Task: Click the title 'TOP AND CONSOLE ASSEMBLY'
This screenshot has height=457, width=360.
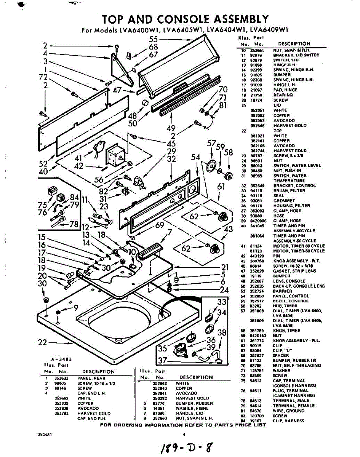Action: (x=185, y=19)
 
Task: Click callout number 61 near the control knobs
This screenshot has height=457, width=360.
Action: (x=221, y=187)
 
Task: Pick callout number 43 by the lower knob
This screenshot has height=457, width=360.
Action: (x=228, y=229)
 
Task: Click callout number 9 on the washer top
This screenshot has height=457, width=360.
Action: (x=76, y=308)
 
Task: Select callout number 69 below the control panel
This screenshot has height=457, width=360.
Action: (x=160, y=225)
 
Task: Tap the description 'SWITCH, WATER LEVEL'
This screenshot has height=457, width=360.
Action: (x=297, y=166)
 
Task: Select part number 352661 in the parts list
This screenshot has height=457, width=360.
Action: (x=255, y=50)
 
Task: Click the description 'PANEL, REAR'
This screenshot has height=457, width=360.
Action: (x=89, y=378)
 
